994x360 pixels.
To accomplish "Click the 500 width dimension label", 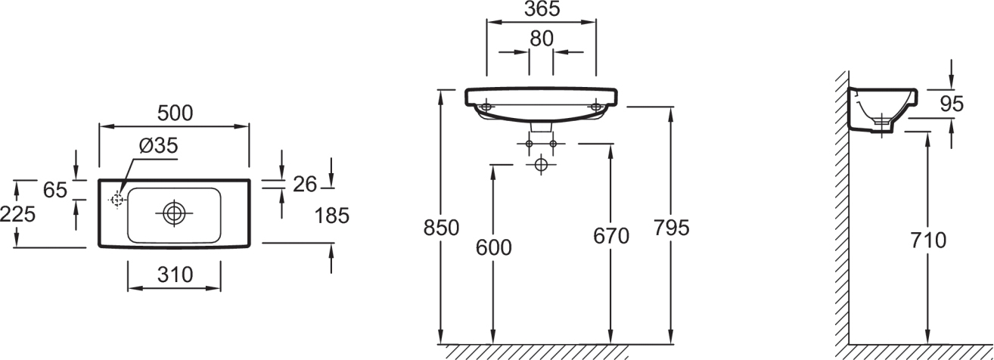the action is tap(176, 113).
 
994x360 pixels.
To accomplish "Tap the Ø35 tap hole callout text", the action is tap(158, 145).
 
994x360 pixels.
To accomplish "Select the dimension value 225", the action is tap(17, 215).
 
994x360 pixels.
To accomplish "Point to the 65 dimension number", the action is tap(55, 191).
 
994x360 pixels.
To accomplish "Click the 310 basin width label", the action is tap(176, 275).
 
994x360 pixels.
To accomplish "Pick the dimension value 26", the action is tap(305, 185).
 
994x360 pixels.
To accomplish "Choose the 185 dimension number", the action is tap(332, 216).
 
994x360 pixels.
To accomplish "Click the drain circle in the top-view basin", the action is tap(174, 213).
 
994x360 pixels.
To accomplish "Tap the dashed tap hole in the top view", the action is tap(116, 200).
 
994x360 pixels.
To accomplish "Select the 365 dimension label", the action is tap(542, 9).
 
